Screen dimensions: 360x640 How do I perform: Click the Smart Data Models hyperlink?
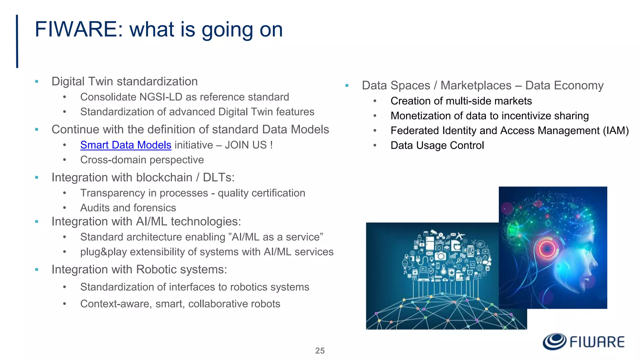(x=126, y=145)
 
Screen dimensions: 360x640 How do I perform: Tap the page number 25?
(x=320, y=351)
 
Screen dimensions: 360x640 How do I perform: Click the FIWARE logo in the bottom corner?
(x=583, y=342)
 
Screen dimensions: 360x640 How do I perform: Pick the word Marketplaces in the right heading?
(x=476, y=86)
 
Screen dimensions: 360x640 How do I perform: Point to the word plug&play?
(x=103, y=252)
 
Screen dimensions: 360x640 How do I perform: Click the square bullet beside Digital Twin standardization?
(x=37, y=82)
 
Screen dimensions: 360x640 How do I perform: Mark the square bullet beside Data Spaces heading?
(x=347, y=86)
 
